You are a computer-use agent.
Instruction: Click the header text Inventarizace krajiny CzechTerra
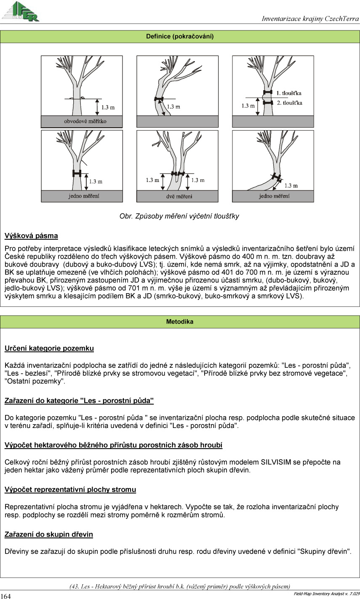[310, 19]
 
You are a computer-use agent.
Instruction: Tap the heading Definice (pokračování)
[180, 37]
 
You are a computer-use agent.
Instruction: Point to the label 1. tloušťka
[288, 93]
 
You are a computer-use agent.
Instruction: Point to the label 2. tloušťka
[289, 103]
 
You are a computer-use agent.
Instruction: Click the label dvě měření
[177, 196]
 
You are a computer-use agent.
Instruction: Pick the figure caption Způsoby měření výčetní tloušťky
[179, 216]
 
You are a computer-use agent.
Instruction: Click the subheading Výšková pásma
[31, 236]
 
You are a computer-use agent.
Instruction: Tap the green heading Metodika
[180, 322]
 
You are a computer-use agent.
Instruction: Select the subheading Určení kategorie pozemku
[49, 348]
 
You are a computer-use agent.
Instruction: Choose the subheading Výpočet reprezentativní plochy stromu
[70, 489]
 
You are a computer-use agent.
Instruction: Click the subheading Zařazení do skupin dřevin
[49, 534]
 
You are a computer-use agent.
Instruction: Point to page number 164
[6, 596]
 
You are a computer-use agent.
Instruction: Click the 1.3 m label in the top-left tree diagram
[108, 107]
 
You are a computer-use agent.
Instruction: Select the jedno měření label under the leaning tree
[274, 196]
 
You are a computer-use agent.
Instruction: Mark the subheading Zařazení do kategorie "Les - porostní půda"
[79, 401]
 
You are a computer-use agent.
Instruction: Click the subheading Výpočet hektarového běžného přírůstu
[113, 445]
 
